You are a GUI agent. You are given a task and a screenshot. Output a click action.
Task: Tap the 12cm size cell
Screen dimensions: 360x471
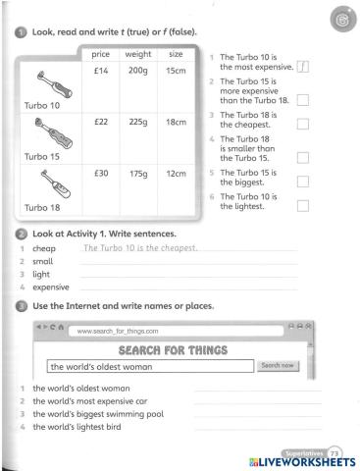(177, 173)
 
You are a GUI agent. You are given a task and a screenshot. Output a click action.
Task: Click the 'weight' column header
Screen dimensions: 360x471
(137, 54)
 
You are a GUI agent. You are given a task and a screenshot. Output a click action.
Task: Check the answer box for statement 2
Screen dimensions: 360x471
(303, 99)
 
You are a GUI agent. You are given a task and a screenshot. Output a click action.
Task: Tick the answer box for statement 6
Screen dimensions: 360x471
(303, 205)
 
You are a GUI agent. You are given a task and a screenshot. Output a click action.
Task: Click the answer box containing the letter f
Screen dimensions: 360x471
(303, 67)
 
